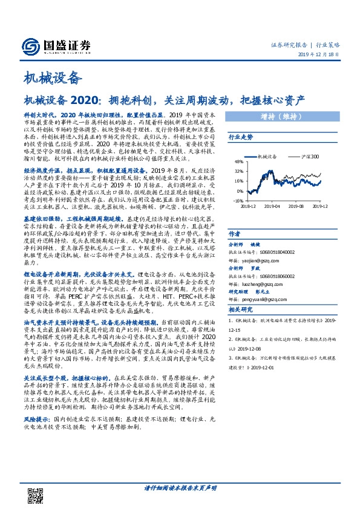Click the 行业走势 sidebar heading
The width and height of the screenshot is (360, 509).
tap(240, 138)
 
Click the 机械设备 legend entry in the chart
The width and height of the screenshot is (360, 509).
tap(266, 156)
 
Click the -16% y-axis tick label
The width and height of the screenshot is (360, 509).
tap(240, 200)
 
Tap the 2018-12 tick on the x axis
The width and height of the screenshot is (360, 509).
tap(248, 206)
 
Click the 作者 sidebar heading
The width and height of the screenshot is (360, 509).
tap(235, 233)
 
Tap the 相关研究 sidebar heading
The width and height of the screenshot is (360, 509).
tap(240, 310)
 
